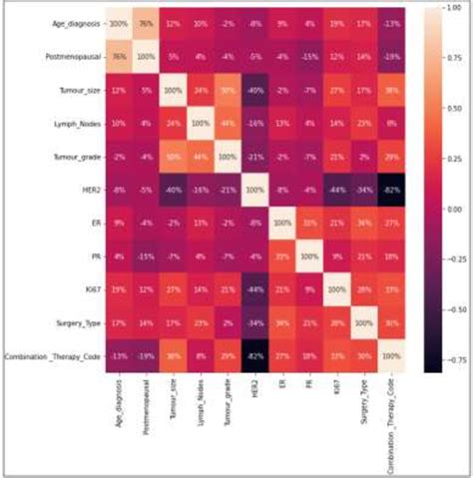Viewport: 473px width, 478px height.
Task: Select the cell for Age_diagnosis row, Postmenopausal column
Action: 145,22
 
